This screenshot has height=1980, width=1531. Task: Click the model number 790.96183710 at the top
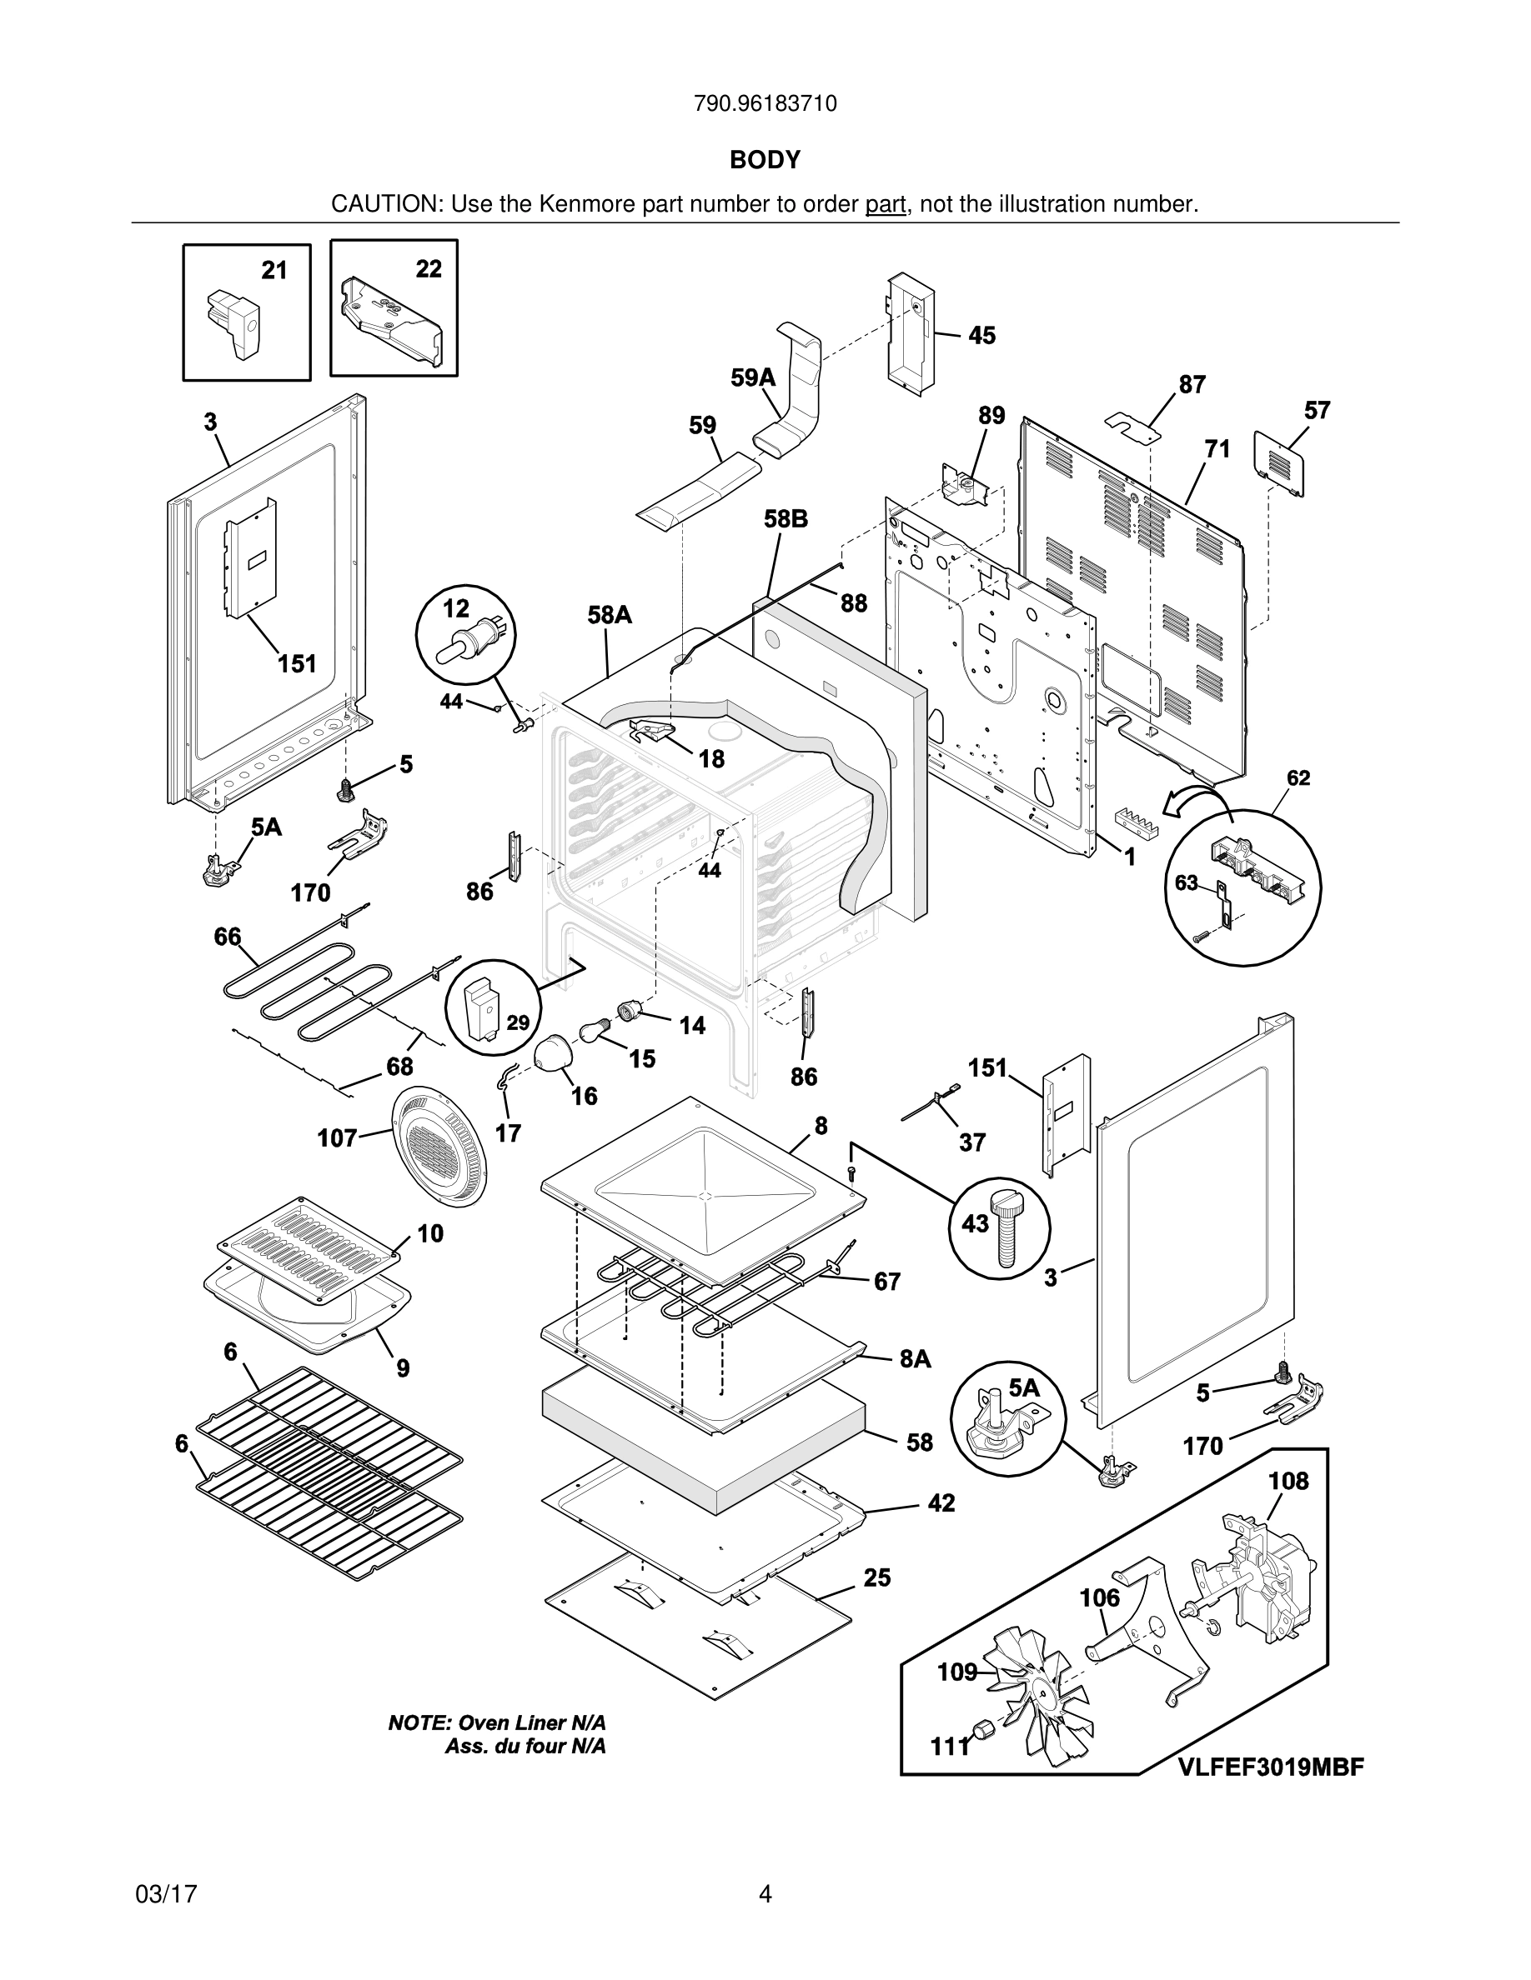point(765,104)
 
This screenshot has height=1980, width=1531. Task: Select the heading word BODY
point(765,161)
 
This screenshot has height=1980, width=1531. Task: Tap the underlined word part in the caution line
point(886,205)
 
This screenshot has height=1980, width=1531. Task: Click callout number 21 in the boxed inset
point(274,270)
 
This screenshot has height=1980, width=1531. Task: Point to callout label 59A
point(754,378)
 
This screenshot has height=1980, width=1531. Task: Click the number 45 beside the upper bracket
point(981,336)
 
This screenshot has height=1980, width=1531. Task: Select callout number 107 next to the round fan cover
point(338,1137)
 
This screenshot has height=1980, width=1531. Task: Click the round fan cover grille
point(439,1148)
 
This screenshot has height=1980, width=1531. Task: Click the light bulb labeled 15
point(594,1031)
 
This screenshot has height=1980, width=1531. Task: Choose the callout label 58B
point(786,519)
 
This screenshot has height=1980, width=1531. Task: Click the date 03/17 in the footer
point(166,1894)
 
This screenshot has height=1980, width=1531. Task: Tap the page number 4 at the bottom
point(765,1894)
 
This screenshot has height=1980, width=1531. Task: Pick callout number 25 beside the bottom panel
point(877,1578)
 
